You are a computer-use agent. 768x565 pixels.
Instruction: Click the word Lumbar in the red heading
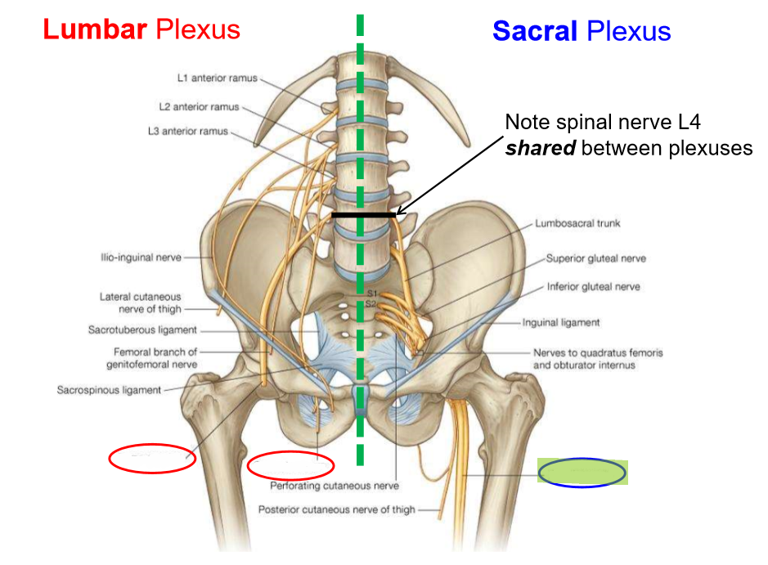tap(95, 29)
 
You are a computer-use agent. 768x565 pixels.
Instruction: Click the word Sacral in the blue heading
tap(535, 31)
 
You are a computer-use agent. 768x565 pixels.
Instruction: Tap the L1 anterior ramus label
tap(218, 78)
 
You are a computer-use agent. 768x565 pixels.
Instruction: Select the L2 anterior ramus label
tap(199, 107)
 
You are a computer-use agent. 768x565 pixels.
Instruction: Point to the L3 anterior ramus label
tap(188, 131)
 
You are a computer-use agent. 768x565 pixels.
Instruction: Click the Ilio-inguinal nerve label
tap(141, 258)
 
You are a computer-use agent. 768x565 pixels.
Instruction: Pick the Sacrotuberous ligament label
tap(142, 330)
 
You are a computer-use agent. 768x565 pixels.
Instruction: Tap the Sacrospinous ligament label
tap(109, 390)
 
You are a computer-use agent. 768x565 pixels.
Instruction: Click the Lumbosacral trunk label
tap(577, 223)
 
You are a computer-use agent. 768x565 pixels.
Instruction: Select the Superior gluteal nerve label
tap(596, 258)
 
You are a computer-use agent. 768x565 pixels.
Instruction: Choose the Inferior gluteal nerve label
tap(594, 287)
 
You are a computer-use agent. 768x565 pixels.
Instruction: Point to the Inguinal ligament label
tap(561, 323)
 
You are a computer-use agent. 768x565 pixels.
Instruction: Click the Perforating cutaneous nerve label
tap(335, 486)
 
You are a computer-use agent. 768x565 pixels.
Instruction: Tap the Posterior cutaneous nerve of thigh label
tap(336, 509)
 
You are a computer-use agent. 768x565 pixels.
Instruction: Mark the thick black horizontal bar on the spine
tap(363, 215)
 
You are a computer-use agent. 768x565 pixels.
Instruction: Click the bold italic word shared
tap(541, 148)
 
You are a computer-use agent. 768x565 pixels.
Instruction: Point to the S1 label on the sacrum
tap(372, 294)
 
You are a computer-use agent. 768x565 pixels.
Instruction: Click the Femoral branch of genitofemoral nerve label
tap(152, 358)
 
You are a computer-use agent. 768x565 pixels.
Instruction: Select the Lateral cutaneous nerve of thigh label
tap(141, 303)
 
